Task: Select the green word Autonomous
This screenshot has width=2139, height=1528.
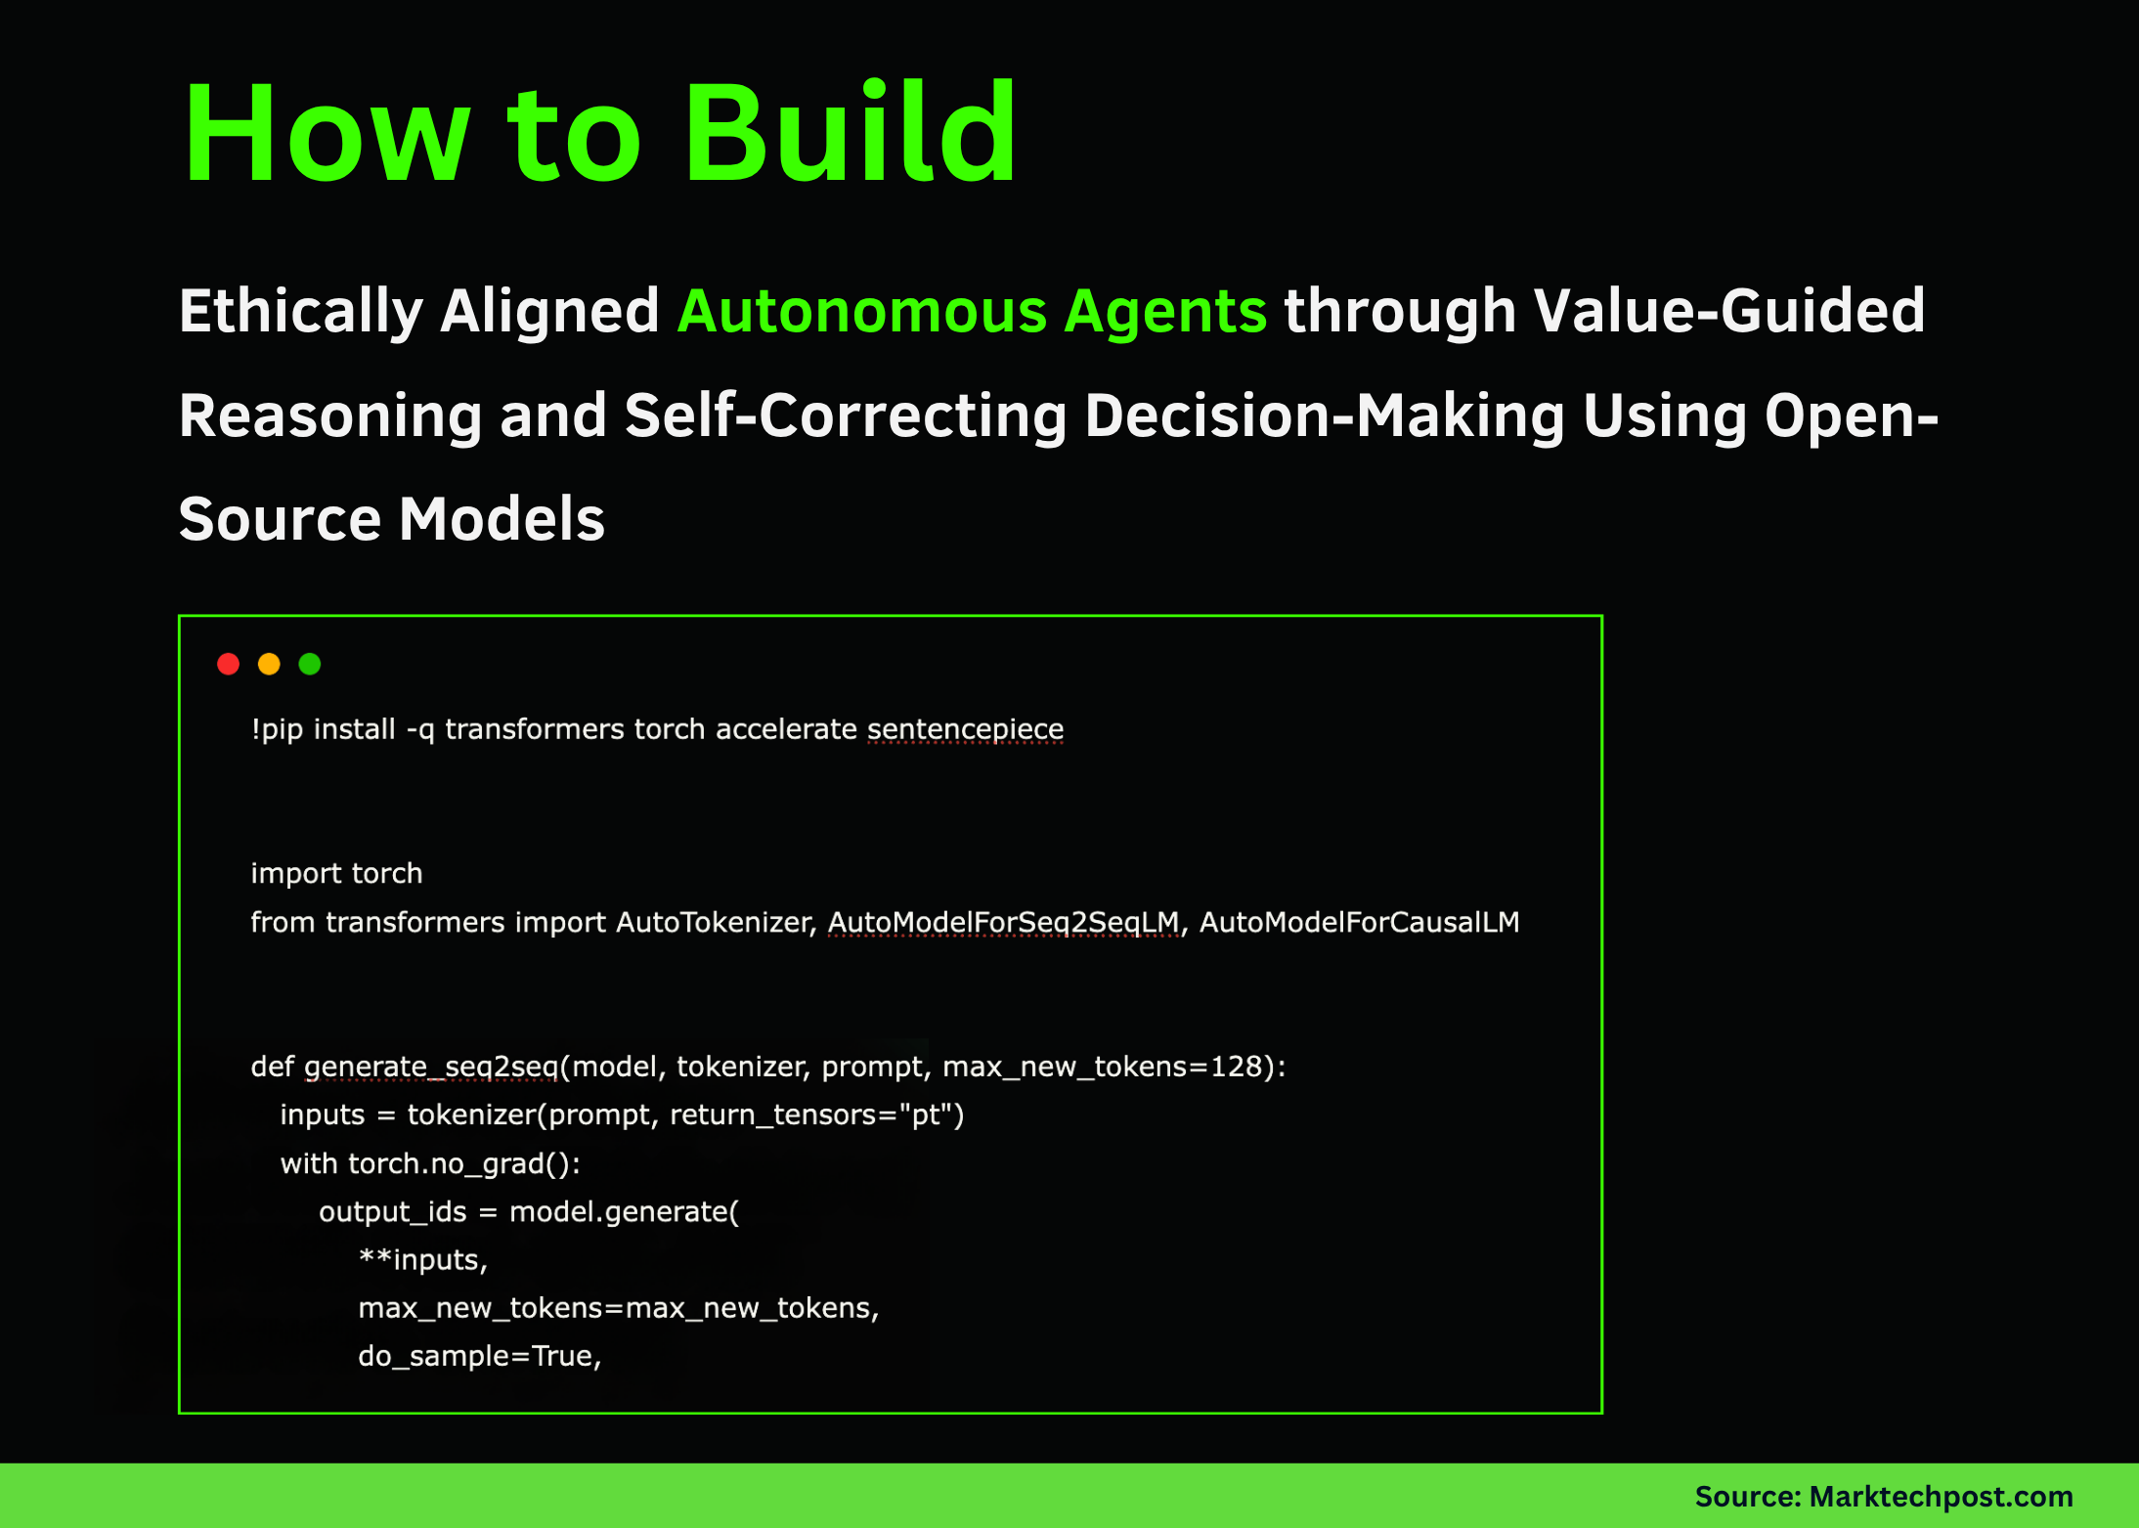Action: [862, 312]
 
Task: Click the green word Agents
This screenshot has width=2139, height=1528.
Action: [1165, 312]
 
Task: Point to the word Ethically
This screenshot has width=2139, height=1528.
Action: [301, 312]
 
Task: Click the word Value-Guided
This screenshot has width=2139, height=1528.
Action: [1728, 312]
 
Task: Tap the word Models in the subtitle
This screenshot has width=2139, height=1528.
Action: [502, 519]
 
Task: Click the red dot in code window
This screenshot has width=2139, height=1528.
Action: [228, 665]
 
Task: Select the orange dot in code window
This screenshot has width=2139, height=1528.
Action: [269, 665]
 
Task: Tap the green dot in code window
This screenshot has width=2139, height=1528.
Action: [310, 665]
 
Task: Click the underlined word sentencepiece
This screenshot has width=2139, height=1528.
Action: [965, 729]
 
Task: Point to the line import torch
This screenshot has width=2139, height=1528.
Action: [336, 873]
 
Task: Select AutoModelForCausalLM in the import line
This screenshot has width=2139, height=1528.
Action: [1359, 922]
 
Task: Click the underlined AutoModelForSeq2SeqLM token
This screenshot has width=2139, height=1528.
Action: [1003, 922]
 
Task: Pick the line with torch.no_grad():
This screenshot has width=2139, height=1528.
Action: [430, 1164]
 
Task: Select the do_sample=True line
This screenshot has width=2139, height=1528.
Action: [479, 1356]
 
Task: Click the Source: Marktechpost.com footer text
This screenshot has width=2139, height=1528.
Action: [1883, 1497]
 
